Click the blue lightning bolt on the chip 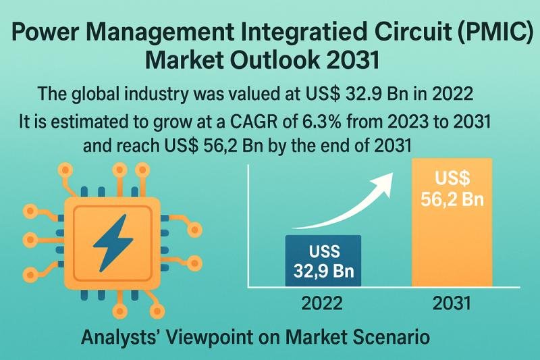(113, 243)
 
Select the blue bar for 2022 (323, 261)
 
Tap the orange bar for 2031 (452, 222)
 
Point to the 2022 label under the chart (322, 303)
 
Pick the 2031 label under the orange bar (452, 303)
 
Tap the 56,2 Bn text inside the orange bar (452, 199)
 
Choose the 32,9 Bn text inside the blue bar (324, 270)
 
